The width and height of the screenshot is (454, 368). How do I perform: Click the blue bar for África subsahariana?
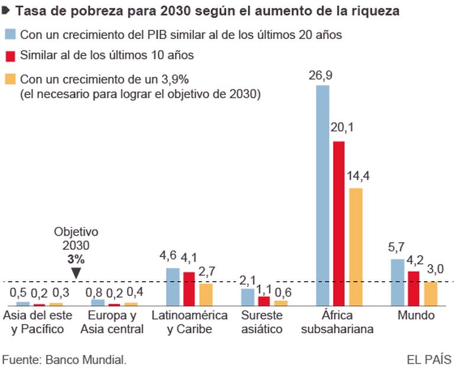323,195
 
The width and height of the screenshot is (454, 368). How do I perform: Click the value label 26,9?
323,75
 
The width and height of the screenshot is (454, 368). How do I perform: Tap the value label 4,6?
172,258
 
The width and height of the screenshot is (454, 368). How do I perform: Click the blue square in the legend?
10,35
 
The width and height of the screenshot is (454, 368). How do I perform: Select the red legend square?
10,56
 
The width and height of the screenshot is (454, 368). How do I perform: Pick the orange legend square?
10,78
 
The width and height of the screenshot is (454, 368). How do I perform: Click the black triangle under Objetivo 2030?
76,272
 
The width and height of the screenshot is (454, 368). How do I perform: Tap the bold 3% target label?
76,259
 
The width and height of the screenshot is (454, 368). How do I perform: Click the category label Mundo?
416,316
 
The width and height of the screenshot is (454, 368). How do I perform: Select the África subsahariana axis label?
337,323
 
